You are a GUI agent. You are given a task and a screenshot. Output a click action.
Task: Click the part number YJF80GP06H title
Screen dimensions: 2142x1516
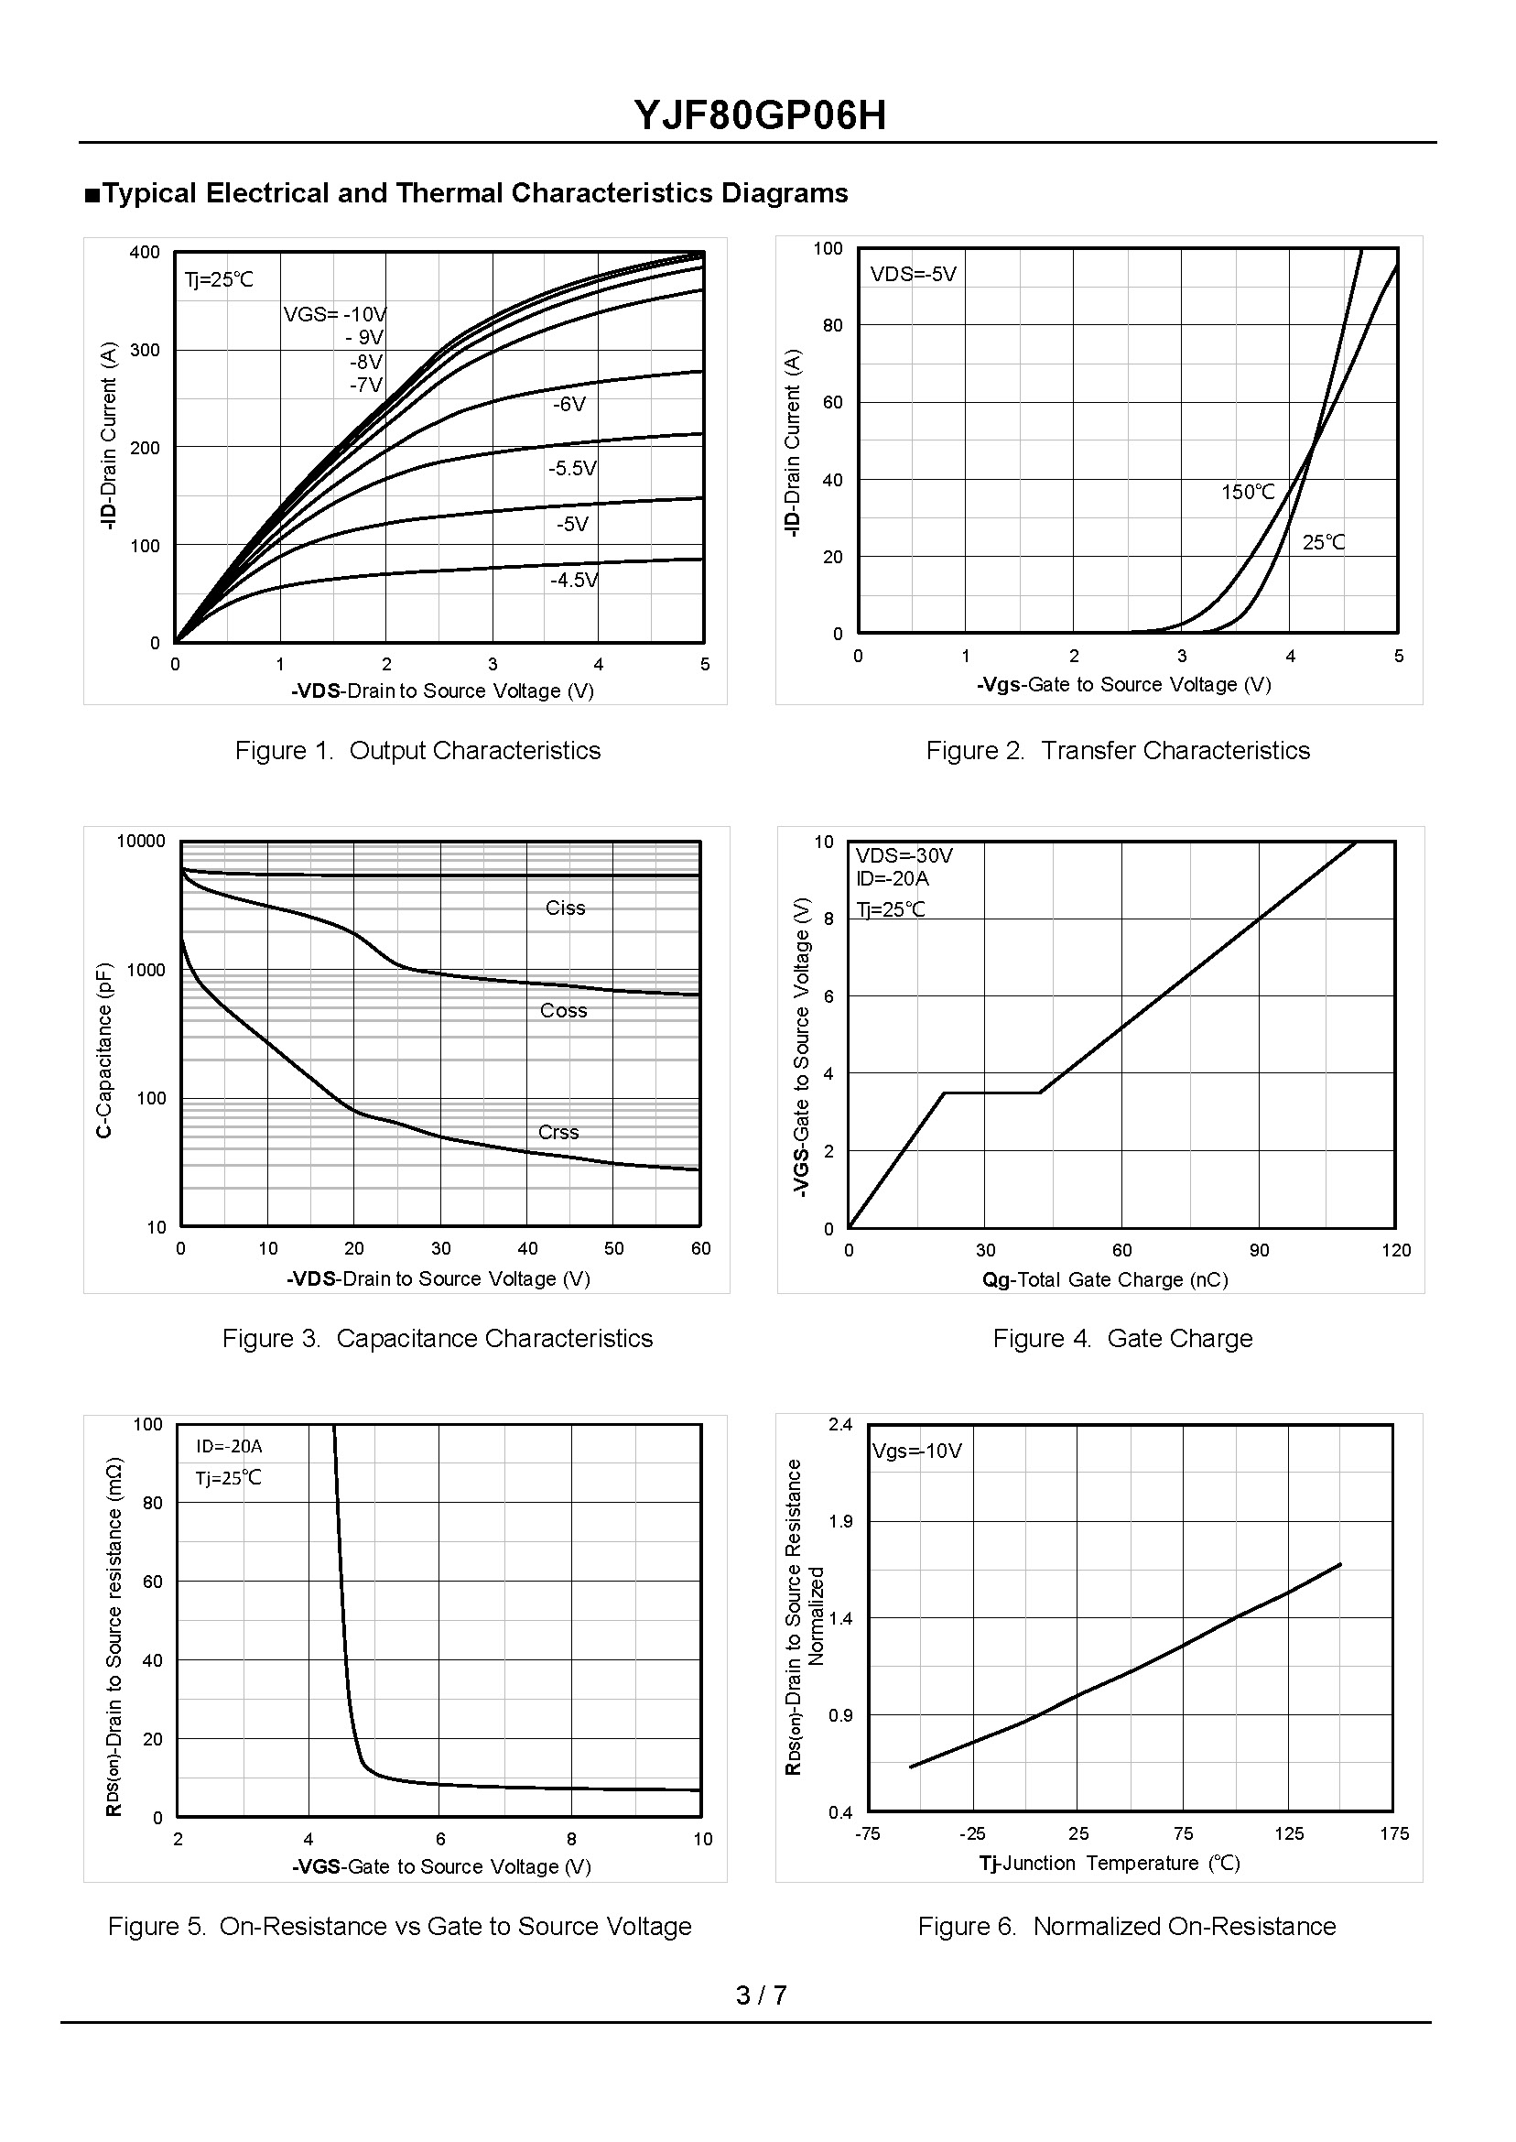click(x=760, y=115)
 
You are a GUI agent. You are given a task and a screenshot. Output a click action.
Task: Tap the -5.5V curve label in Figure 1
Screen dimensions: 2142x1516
click(x=572, y=468)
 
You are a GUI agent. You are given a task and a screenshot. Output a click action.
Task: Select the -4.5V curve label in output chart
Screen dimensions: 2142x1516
click(x=574, y=580)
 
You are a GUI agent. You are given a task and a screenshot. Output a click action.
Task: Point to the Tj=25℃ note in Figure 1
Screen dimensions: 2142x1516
click(x=219, y=279)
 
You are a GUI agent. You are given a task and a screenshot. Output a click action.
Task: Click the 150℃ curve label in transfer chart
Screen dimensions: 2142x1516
click(x=1248, y=492)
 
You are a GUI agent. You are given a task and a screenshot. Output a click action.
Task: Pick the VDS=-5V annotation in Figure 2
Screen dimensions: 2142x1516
click(x=913, y=275)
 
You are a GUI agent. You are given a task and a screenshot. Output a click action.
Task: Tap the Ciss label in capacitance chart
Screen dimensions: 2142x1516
click(x=565, y=908)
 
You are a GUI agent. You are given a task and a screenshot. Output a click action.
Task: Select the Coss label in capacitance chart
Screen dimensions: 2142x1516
click(x=564, y=1010)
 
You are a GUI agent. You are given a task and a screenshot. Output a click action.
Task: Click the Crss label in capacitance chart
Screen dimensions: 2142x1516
click(x=558, y=1132)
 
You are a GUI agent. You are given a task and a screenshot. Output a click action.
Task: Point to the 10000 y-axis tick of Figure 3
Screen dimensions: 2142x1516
click(x=141, y=842)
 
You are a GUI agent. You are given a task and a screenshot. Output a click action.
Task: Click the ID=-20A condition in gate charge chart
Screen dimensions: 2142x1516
click(x=893, y=878)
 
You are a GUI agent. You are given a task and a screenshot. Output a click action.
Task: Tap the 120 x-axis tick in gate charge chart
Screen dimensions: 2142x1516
click(x=1395, y=1250)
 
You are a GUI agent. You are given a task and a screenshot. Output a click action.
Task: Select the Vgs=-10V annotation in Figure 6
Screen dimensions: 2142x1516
click(x=916, y=1451)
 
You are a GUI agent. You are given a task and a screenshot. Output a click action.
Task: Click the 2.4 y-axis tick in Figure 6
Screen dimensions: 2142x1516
click(x=840, y=1424)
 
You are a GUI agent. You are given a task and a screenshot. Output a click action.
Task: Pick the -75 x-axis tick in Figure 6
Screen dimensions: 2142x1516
click(x=867, y=1834)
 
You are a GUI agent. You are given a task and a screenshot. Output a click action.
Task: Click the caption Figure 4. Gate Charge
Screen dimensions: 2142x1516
click(x=1122, y=1338)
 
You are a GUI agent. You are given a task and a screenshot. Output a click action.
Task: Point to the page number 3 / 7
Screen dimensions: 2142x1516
click(x=761, y=1995)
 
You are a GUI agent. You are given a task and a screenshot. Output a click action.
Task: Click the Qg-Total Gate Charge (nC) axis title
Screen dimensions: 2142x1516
click(x=1104, y=1280)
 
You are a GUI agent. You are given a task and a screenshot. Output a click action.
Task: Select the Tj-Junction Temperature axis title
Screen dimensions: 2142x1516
click(x=1109, y=1864)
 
